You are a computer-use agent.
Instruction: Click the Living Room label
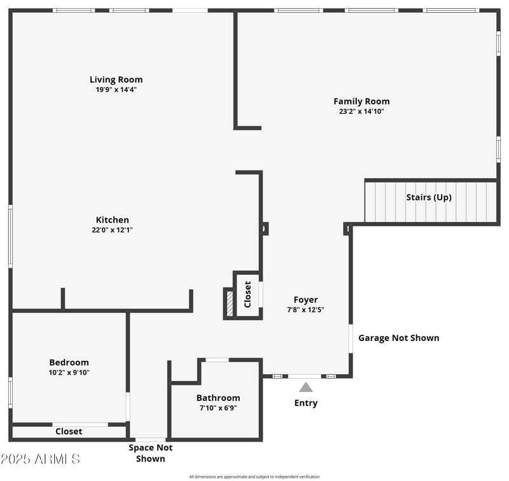pyautogui.click(x=116, y=80)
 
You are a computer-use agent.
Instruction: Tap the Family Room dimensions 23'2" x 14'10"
pyautogui.click(x=361, y=111)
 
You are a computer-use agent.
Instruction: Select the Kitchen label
pyautogui.click(x=113, y=220)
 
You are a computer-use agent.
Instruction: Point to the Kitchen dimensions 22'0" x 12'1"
pyautogui.click(x=113, y=230)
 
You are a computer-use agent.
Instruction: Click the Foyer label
pyautogui.click(x=305, y=300)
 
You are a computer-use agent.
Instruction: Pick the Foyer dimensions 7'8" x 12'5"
pyautogui.click(x=305, y=310)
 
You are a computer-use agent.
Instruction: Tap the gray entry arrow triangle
pyautogui.click(x=306, y=387)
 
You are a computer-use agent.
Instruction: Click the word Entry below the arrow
pyautogui.click(x=306, y=403)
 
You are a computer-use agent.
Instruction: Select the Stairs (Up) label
pyautogui.click(x=429, y=197)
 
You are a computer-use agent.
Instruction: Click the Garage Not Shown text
pyautogui.click(x=399, y=338)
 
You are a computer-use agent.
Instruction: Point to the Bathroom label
pyautogui.click(x=218, y=398)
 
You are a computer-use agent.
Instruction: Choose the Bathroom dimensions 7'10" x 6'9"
pyautogui.click(x=218, y=408)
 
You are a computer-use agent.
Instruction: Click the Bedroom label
pyautogui.click(x=69, y=362)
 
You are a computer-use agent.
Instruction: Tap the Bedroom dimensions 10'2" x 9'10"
pyautogui.click(x=69, y=373)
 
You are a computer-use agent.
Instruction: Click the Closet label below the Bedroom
pyautogui.click(x=69, y=431)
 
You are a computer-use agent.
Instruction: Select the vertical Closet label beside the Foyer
pyautogui.click(x=248, y=295)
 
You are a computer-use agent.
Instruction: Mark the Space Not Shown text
pyautogui.click(x=150, y=453)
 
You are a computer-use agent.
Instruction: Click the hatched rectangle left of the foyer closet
pyautogui.click(x=230, y=303)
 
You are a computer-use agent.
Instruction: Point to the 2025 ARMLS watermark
pyautogui.click(x=40, y=459)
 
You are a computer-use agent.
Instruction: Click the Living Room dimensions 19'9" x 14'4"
pyautogui.click(x=116, y=90)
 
